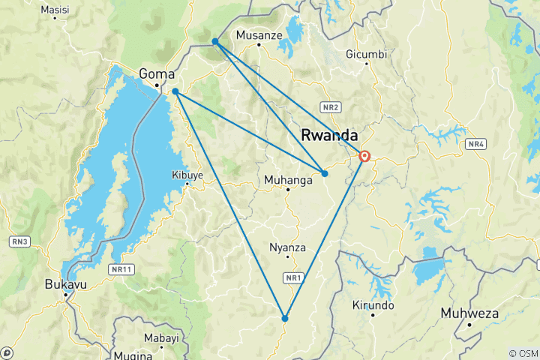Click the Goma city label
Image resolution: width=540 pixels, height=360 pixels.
157,74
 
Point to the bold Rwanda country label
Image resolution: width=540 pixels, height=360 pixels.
328,135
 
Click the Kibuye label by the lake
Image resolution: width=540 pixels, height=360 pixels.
187,175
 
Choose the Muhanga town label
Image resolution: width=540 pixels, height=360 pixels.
287,180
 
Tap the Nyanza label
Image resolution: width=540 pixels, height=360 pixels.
287,247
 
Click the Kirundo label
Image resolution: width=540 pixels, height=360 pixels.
373,305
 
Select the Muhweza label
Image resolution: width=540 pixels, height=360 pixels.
469,313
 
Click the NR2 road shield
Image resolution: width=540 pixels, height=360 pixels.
331,106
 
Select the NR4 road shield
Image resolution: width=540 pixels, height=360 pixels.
475,143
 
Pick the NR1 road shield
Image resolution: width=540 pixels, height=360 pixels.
293,278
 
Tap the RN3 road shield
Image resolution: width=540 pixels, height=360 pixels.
20,241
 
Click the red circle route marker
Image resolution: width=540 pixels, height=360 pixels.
364,157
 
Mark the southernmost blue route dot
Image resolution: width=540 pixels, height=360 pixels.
285,318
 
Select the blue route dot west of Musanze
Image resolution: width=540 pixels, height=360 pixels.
215,41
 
